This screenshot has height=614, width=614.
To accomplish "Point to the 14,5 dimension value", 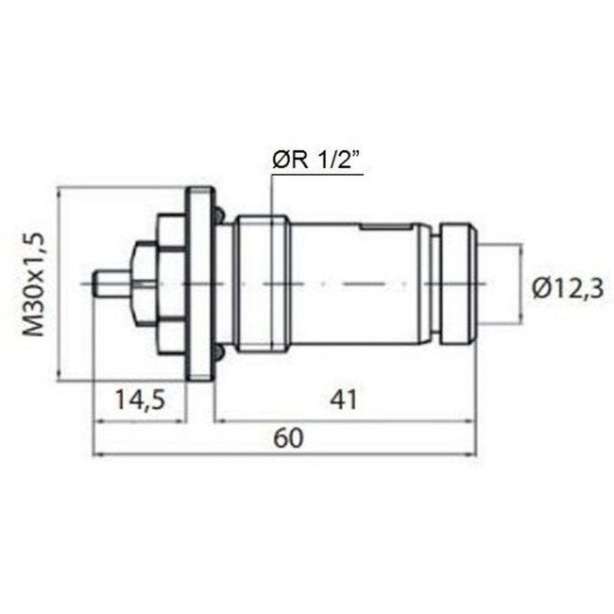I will tap(140, 400).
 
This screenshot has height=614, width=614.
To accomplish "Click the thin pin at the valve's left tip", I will tap(111, 284).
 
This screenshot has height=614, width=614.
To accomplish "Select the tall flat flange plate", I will tap(198, 284).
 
